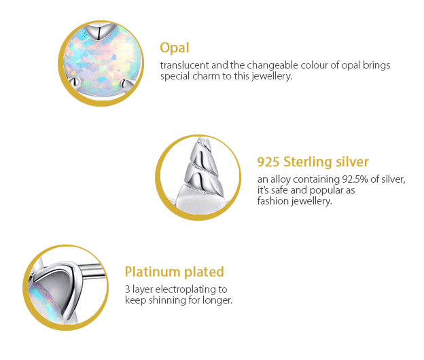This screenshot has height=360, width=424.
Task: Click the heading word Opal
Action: pyautogui.click(x=174, y=48)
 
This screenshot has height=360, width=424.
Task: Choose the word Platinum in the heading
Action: pyautogui.click(x=153, y=272)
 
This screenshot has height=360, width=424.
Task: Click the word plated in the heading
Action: pyautogui.click(x=204, y=272)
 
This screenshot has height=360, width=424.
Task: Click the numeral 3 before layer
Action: pyautogui.click(x=128, y=289)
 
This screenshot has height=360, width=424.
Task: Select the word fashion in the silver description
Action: pyautogui.click(x=272, y=201)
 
